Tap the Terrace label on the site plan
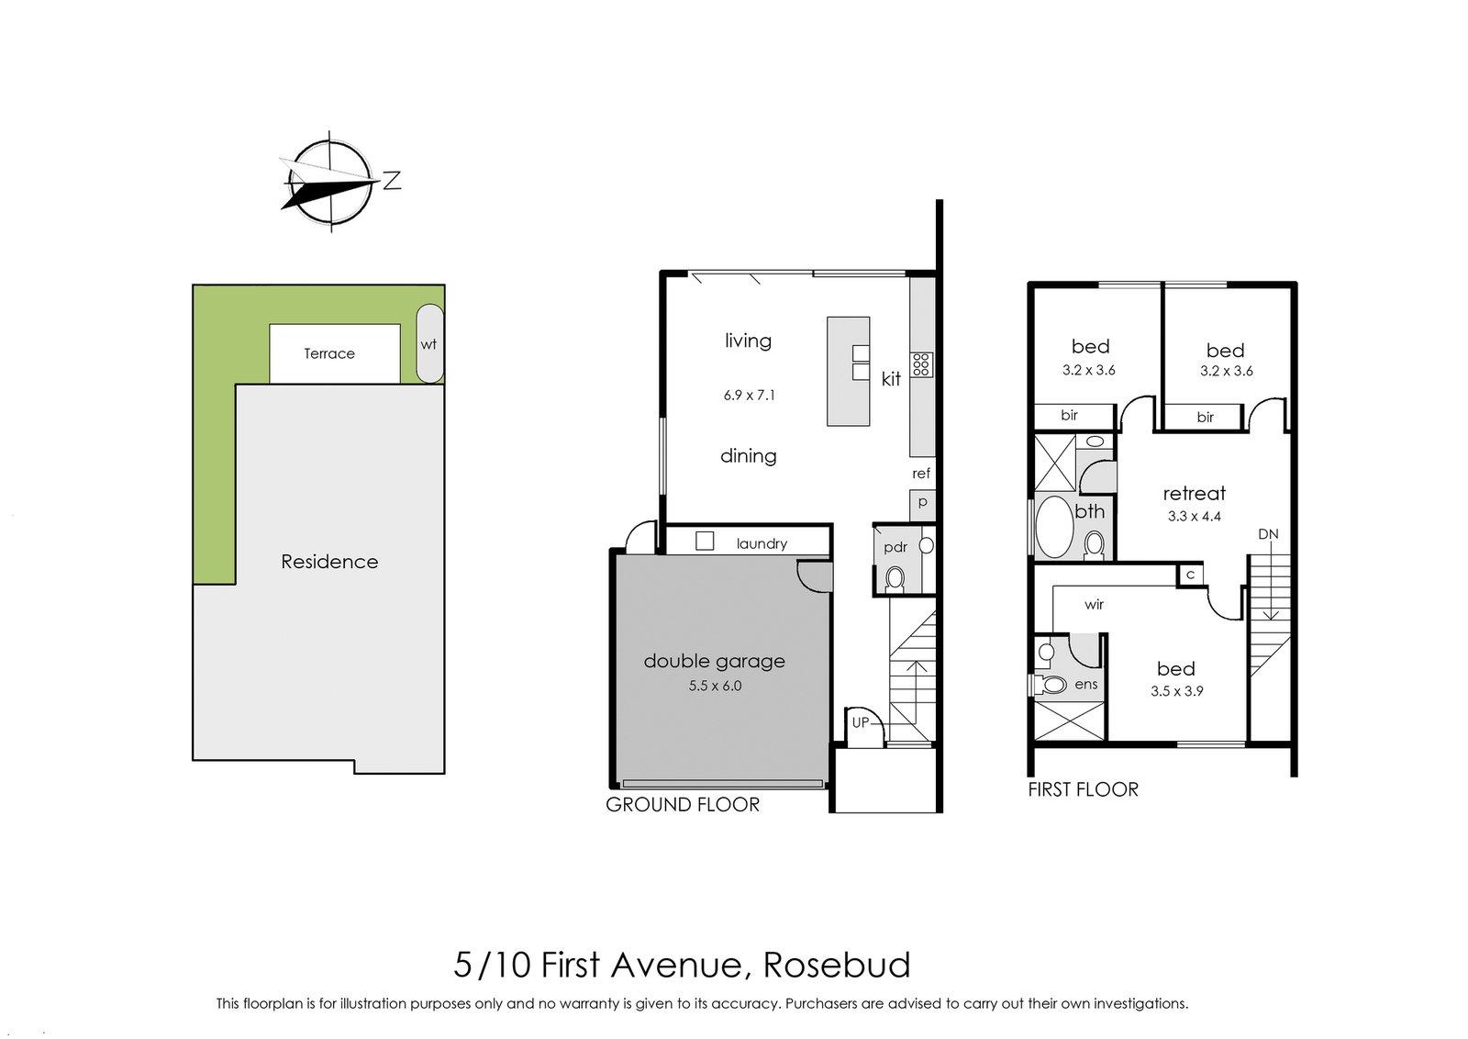[x=329, y=353]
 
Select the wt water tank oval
[x=428, y=344]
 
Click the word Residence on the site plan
[x=329, y=562]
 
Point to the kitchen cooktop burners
[x=921, y=365]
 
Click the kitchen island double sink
[x=860, y=363]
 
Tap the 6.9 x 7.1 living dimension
[x=749, y=396]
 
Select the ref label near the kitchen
[x=921, y=474]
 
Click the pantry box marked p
[x=922, y=503]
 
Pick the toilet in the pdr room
[x=895, y=578]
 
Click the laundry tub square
[x=705, y=542]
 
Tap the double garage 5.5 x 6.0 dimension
[x=715, y=685]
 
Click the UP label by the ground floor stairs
[x=861, y=722]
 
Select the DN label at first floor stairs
[x=1268, y=534]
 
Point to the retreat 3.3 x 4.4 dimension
[x=1194, y=516]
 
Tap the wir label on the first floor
[x=1094, y=605]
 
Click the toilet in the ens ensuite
[x=1051, y=685]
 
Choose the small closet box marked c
[x=1190, y=575]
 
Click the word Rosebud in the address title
[x=837, y=966]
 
